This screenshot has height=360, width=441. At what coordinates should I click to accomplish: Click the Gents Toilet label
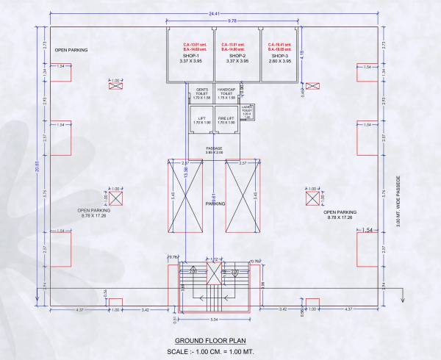pos(201,92)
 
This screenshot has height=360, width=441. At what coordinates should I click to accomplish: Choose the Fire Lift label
pos(226,120)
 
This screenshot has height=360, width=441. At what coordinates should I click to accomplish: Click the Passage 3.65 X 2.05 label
pos(214,150)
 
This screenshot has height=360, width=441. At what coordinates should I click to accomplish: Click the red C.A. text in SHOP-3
pos(279,45)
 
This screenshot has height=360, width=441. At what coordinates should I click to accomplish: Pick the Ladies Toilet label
pos(247,111)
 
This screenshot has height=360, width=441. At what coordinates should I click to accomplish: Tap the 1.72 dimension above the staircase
pos(214,260)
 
